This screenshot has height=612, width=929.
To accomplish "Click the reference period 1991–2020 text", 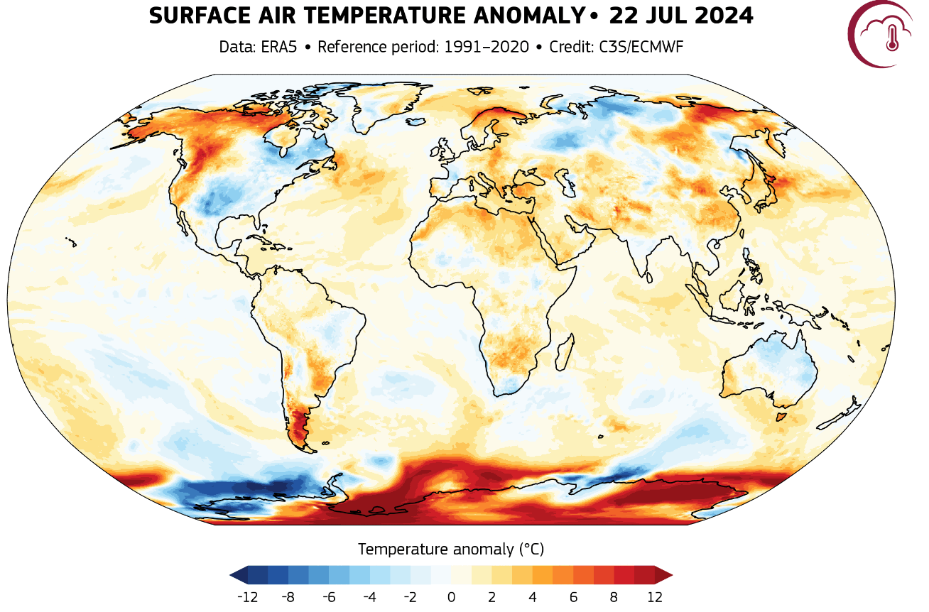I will [487, 48].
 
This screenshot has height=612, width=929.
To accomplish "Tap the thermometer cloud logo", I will [882, 33].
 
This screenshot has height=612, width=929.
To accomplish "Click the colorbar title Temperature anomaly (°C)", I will [451, 549].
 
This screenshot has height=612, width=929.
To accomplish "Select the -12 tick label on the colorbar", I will [246, 596].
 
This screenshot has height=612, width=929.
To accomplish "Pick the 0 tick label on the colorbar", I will [451, 596].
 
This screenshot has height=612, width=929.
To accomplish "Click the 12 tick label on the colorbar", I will [654, 596].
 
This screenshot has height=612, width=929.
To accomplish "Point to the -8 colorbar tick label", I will [288, 596].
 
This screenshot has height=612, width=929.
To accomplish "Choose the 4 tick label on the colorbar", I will [533, 596].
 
